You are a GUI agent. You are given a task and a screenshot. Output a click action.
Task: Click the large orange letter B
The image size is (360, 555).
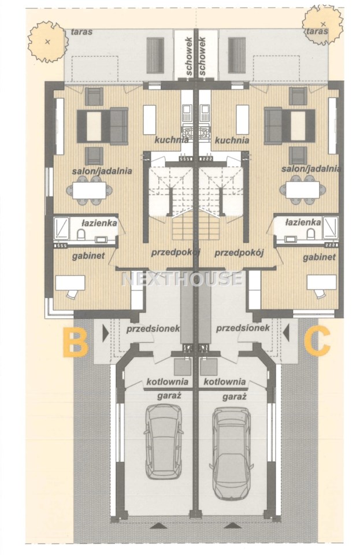coord(75,342)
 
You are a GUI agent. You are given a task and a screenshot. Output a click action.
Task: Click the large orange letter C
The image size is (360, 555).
coord(318,342)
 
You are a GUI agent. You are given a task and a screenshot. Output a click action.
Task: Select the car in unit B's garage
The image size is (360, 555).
coord(164,442)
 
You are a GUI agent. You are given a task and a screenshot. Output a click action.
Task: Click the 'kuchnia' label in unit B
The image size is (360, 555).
coord(172,140)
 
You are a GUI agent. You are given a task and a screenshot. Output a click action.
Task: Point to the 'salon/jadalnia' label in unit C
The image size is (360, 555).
coord(311,169)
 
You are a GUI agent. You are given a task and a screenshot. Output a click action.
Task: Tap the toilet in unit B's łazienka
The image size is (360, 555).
coord(81,234)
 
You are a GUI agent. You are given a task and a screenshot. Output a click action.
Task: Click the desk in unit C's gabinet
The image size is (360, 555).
coord(321,283)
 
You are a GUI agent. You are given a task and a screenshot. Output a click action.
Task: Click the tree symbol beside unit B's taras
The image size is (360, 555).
coord(47,42)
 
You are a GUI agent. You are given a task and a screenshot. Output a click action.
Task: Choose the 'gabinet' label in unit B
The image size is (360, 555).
coord(88,256)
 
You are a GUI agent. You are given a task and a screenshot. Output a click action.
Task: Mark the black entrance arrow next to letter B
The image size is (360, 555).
coord(105,334)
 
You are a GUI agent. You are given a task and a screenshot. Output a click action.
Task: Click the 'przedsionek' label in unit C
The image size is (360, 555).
coord(243,328)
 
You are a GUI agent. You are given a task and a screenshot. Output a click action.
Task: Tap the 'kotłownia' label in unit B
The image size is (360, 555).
coord(167,382)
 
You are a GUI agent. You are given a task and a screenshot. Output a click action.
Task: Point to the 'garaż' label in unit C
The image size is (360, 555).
coord(234,397)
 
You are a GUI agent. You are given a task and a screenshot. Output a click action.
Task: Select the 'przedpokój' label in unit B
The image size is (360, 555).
coord(176,253)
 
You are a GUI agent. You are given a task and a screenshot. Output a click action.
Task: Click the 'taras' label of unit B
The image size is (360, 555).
coord(81,32)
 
